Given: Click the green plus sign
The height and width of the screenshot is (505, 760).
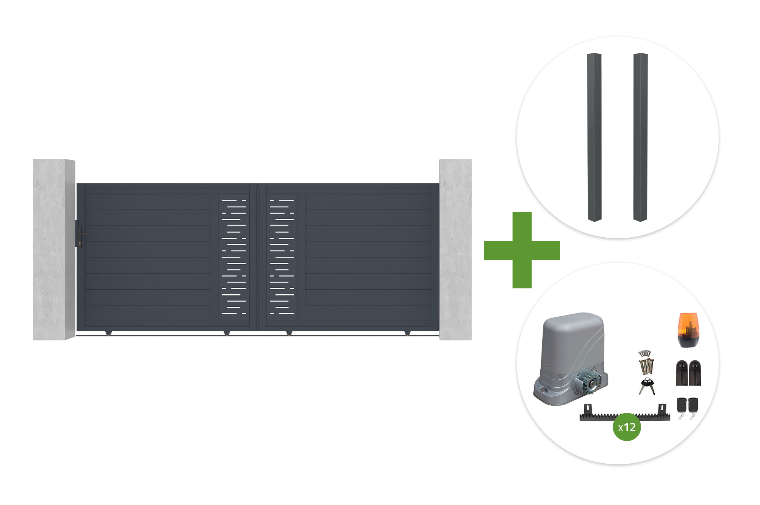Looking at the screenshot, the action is (x=522, y=250).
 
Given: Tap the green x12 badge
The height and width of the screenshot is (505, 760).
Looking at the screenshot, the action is (x=627, y=427).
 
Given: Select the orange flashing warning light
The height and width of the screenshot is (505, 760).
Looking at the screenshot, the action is (x=688, y=330).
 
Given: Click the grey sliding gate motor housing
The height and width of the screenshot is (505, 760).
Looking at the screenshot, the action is (x=570, y=359).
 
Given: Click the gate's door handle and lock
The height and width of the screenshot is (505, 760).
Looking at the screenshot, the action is (x=81, y=234).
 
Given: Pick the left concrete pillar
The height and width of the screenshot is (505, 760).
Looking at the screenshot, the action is (x=54, y=249).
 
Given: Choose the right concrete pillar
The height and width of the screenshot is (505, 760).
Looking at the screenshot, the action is (x=455, y=249).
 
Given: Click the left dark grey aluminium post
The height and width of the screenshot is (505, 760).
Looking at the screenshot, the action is (x=594, y=137).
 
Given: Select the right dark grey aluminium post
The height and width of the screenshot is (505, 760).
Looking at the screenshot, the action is (x=640, y=137).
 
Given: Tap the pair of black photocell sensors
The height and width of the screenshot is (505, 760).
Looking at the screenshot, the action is (x=688, y=373).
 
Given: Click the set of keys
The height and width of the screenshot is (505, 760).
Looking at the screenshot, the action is (x=647, y=386).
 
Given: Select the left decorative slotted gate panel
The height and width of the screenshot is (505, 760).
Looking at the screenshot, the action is (x=234, y=257).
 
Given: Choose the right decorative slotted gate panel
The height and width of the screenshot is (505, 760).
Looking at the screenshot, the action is (x=282, y=257).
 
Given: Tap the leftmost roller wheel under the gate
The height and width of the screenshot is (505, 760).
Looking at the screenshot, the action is (x=109, y=333).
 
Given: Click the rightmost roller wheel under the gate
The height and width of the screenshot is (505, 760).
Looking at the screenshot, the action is (x=407, y=333).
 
